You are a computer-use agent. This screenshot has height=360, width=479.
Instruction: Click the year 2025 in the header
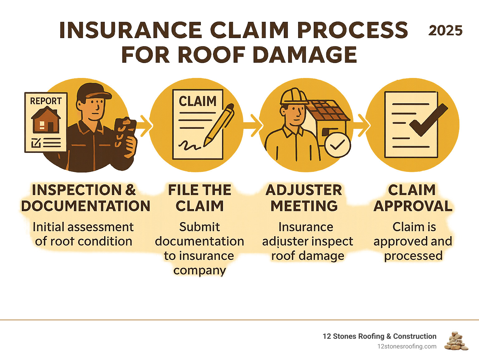[x=445, y=31]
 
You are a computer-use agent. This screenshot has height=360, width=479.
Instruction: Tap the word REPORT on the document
[x=46, y=101]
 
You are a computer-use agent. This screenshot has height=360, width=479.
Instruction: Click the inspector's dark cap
[x=92, y=92]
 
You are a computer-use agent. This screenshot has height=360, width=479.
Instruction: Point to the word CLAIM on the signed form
[x=197, y=101]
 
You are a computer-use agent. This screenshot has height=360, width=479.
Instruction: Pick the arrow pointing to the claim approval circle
[x=362, y=126]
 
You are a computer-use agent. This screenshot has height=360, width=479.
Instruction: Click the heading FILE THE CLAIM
[x=200, y=198]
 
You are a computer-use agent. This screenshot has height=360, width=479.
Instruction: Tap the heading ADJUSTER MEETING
[x=304, y=198]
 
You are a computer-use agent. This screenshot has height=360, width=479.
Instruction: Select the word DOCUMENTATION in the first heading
[x=86, y=206]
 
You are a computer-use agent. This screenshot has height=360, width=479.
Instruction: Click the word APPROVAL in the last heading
[x=413, y=206]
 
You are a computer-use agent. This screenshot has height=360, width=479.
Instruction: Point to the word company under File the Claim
[x=200, y=270]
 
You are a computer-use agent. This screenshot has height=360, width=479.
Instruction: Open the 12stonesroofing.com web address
[x=407, y=346]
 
